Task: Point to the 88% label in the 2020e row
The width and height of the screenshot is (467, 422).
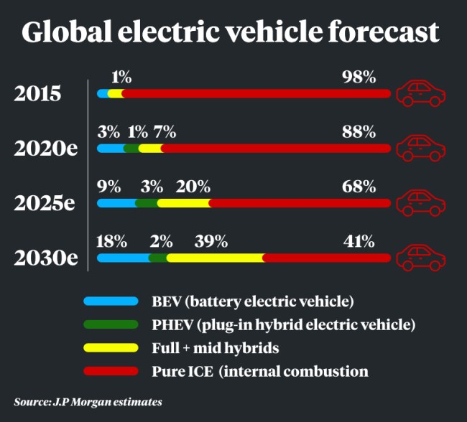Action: (x=359, y=132)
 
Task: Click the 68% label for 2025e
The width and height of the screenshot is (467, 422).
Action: (x=359, y=187)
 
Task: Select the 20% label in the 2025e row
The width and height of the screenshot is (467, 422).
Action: (x=193, y=187)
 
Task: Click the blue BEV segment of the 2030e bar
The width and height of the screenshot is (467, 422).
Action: (x=123, y=258)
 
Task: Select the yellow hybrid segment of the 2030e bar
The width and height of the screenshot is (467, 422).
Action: (x=216, y=258)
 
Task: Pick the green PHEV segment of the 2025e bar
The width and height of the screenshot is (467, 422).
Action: (x=147, y=203)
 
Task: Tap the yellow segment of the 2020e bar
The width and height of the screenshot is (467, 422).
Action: (x=150, y=149)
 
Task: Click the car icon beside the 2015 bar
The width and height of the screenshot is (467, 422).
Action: (x=422, y=93)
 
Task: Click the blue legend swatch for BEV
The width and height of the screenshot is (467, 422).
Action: (x=111, y=301)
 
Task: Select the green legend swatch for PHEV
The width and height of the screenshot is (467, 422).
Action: (x=111, y=324)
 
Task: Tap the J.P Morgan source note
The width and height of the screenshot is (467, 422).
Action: (x=88, y=400)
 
